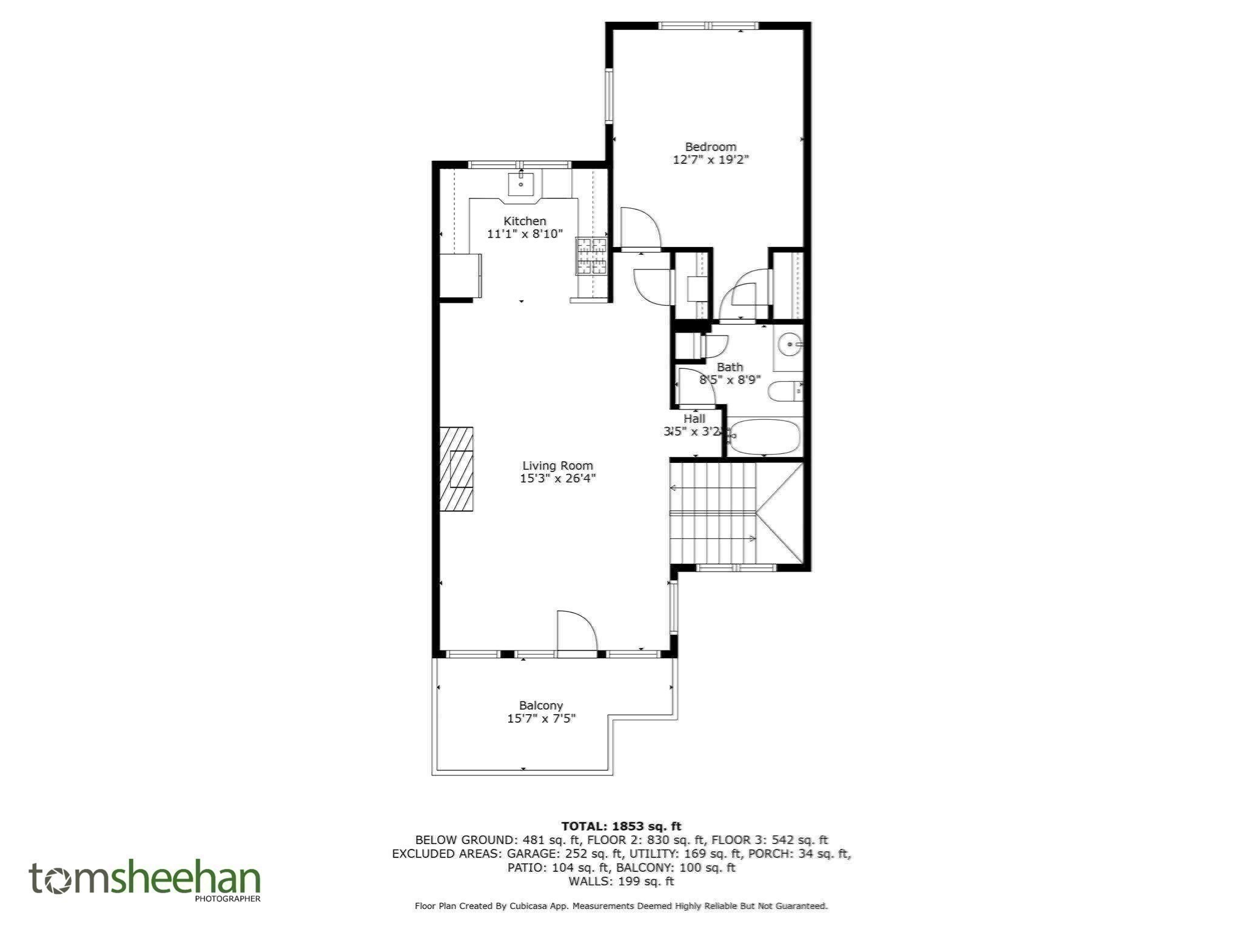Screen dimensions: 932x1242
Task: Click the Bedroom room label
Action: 710,147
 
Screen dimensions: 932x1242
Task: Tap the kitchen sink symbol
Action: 521,183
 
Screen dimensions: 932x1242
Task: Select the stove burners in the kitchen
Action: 591,256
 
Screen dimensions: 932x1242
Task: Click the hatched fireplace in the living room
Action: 456,469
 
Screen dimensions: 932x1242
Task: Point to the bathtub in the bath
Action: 765,437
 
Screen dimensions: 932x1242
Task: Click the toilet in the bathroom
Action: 785,391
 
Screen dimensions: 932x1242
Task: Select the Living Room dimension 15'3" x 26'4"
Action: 557,479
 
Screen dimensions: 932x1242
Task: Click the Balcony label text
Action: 541,706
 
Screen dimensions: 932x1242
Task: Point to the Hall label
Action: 694,419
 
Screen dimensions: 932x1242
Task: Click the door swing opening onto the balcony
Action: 577,631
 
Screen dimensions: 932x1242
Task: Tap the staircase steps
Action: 713,513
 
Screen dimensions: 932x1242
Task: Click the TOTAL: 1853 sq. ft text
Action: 621,826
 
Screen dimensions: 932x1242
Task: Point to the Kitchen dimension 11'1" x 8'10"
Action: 525,234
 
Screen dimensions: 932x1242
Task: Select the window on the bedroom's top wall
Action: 708,25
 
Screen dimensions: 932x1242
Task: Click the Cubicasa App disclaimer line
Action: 621,906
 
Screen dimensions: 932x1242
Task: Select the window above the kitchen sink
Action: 520,164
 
